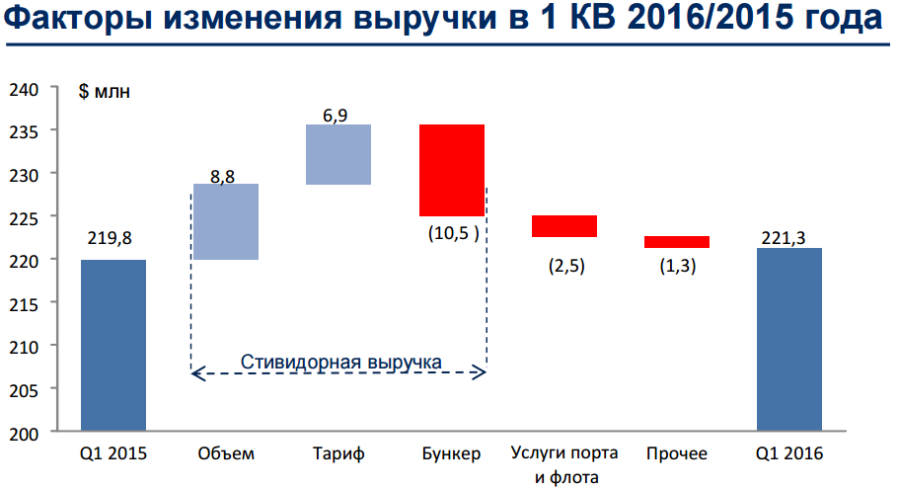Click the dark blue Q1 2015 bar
point(112,346)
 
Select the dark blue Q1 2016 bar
point(788,340)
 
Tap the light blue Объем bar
point(225,221)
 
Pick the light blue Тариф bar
point(337,154)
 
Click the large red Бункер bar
point(451,170)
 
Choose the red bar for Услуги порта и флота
point(563,226)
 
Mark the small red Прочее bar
point(676,242)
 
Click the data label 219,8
point(108,238)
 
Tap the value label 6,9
point(335,116)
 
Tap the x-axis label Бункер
point(451,454)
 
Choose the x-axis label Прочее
point(677,454)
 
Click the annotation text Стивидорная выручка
point(340,361)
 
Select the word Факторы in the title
point(76,22)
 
